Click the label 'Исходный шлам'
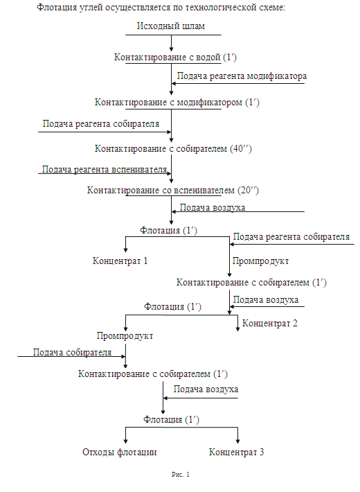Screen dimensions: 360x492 [x=171, y=26]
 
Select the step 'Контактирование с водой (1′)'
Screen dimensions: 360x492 [x=175, y=58]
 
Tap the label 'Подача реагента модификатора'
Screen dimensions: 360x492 [x=242, y=76]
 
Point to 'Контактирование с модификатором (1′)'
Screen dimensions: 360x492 [x=177, y=103]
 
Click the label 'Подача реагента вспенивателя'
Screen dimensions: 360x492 [x=105, y=170]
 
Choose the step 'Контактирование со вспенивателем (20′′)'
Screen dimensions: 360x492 [x=173, y=191]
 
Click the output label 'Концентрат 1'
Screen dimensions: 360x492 [x=120, y=261]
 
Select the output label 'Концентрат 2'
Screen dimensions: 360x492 [x=270, y=324]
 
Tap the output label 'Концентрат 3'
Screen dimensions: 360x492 [x=237, y=453]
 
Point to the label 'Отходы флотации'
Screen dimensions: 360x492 [x=120, y=453]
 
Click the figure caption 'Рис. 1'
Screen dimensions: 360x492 [x=181, y=475]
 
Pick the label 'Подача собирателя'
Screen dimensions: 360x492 [x=72, y=353]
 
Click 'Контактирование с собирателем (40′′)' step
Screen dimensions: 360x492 [x=173, y=149]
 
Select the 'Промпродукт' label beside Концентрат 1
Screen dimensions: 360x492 [x=260, y=261]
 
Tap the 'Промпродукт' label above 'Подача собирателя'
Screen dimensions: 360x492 [x=125, y=336]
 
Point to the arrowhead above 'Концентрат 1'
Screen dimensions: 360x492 [x=126, y=249]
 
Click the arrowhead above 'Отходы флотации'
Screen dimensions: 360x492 [x=126, y=440]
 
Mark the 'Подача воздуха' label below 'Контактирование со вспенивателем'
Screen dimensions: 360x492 [x=213, y=208]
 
